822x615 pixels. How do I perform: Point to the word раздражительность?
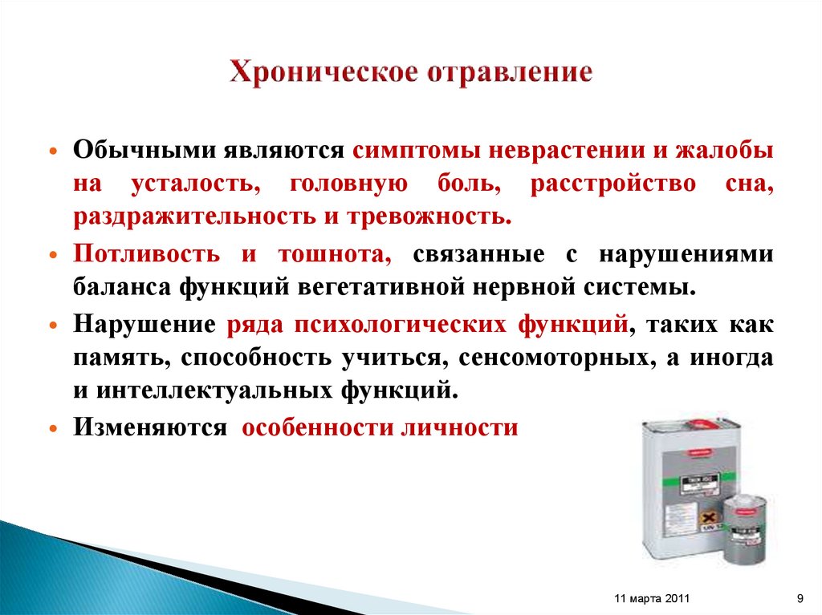(195, 216)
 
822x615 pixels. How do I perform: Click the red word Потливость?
(147, 255)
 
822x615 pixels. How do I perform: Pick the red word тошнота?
(335, 255)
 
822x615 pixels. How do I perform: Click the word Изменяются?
(151, 428)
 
